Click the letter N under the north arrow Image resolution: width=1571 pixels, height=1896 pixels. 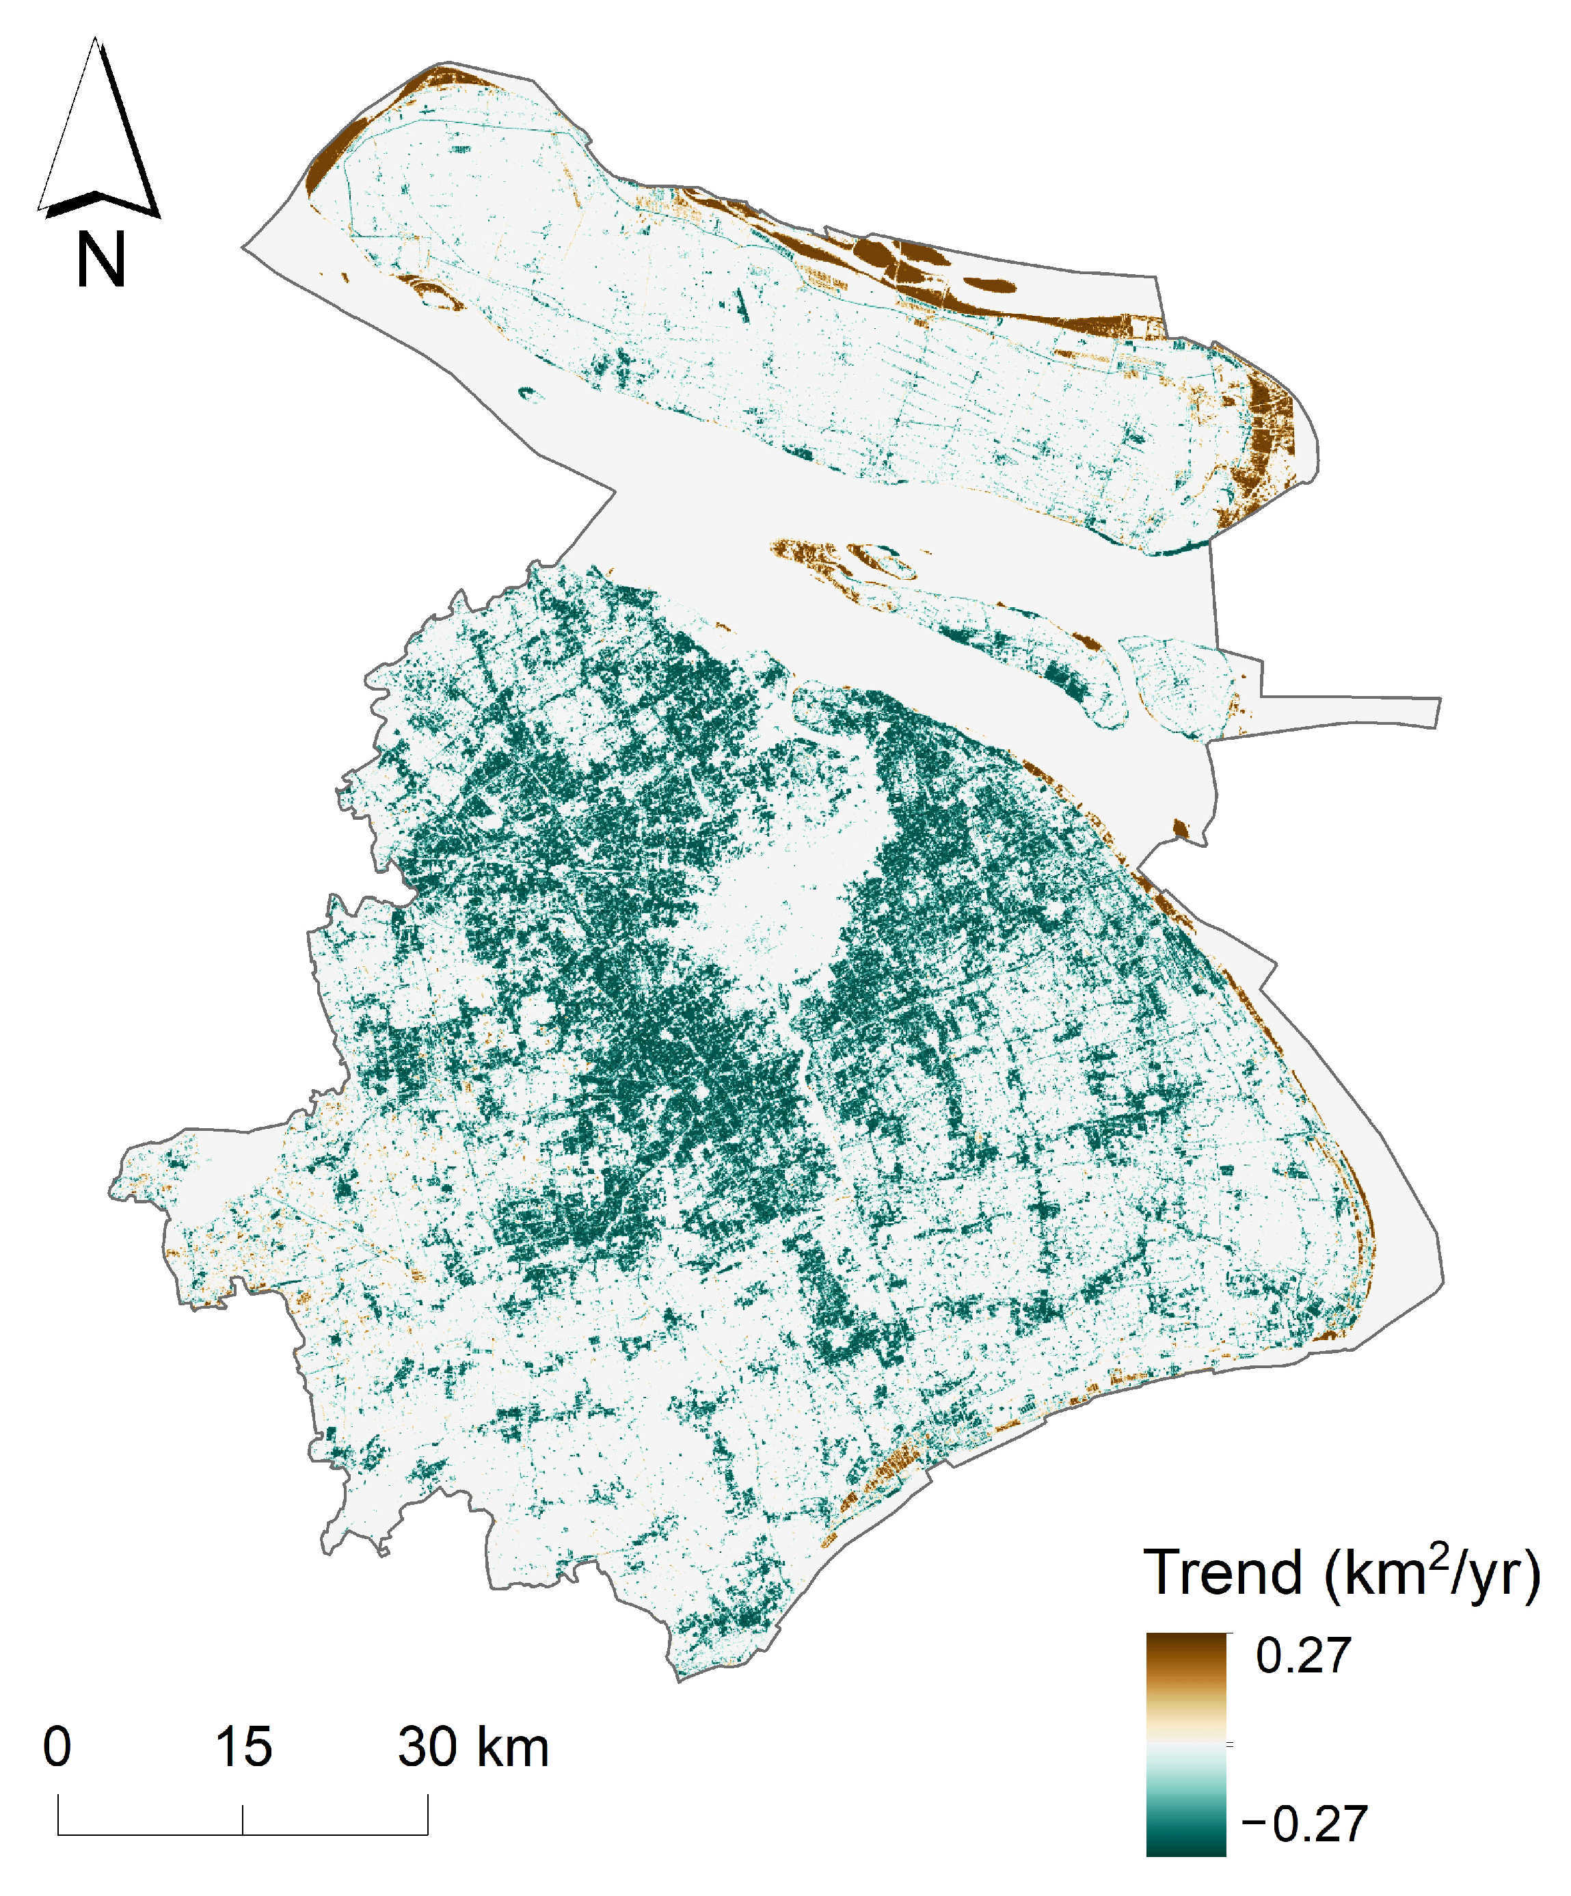(x=100, y=260)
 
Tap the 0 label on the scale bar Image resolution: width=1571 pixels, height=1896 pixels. (x=57, y=1747)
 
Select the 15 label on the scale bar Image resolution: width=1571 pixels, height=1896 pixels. (x=243, y=1747)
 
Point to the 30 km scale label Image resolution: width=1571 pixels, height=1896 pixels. (x=473, y=1747)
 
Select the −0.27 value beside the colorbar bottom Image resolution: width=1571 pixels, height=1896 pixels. (x=1304, y=1824)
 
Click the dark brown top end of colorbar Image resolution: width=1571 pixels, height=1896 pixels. (x=1185, y=1643)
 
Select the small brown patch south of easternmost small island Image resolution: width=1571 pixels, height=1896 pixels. (x=1179, y=828)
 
